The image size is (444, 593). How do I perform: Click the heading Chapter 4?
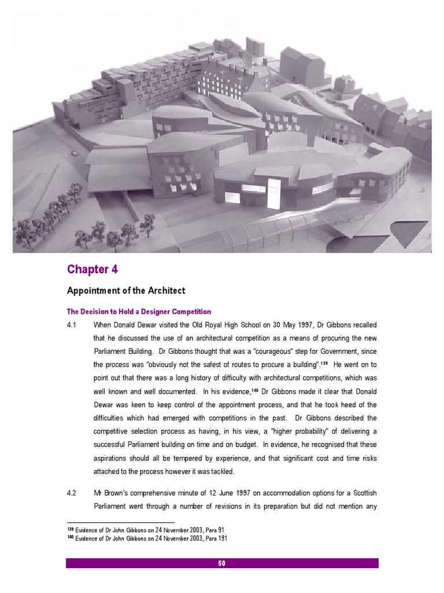point(87,269)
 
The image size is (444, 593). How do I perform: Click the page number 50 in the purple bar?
point(222,563)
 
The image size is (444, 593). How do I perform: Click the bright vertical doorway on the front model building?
point(274,193)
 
